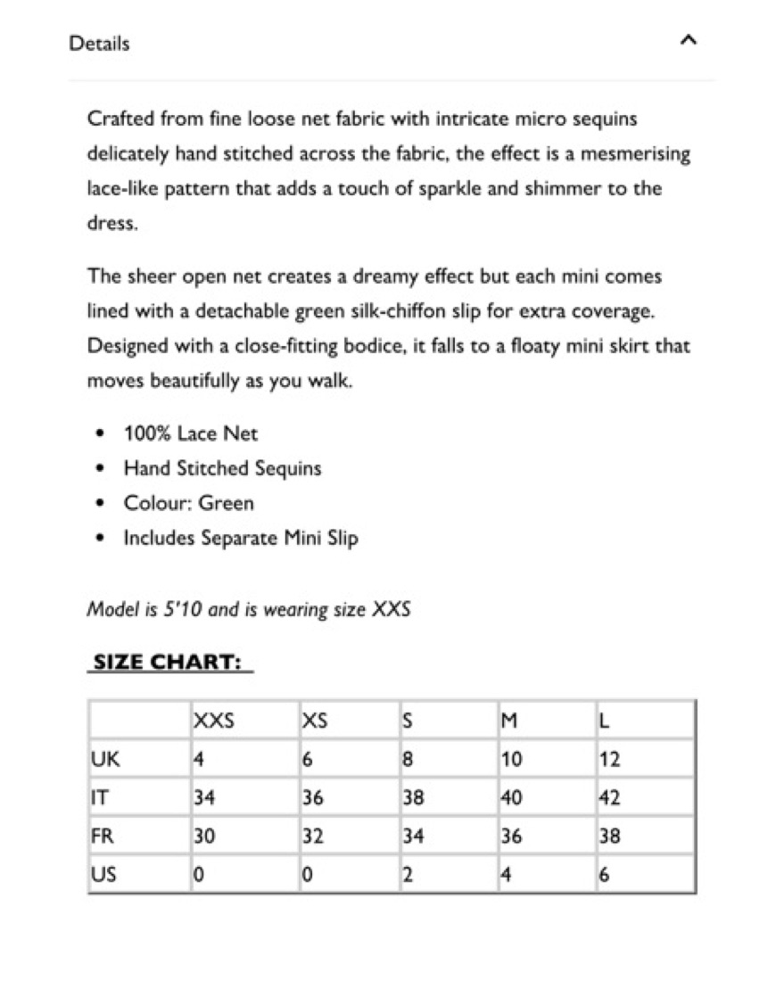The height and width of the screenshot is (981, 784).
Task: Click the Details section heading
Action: coord(99,44)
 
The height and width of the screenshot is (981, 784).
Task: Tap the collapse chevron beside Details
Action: coord(687,41)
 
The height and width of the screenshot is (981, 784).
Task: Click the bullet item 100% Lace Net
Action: coord(191,434)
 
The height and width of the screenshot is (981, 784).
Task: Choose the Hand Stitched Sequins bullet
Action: coord(222,469)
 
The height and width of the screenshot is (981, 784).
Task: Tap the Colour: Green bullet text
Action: coord(188,504)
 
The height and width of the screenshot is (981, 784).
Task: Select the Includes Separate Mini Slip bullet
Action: coord(241,539)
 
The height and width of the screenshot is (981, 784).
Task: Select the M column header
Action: coord(509,721)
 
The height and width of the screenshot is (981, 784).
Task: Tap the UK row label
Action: coord(105,761)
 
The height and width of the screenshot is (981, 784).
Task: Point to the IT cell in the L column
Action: coord(609,799)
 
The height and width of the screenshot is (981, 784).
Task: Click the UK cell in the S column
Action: coord(409,761)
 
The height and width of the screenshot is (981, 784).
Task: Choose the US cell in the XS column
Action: coord(307,876)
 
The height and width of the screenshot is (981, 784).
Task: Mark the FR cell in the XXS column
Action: coord(204,837)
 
